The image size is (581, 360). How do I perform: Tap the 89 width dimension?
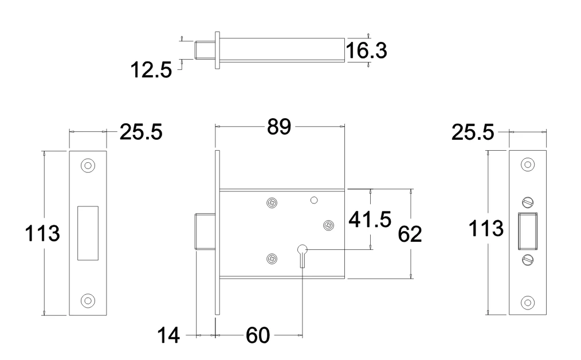point(280,127)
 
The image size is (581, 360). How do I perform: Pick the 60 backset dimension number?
point(257,335)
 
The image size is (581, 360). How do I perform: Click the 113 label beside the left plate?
point(42,233)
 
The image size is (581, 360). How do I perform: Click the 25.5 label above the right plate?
point(473,132)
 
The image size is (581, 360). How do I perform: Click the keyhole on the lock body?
point(302,251)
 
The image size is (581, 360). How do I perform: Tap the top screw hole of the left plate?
point(88,165)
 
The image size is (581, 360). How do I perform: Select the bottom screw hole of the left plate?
point(88,300)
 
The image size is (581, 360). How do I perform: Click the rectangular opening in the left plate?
point(88,232)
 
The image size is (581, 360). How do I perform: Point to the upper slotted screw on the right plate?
point(528,202)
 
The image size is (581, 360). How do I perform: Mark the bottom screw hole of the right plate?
point(528,301)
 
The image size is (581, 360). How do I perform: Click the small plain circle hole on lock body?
point(313,200)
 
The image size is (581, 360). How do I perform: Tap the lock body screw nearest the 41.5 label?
point(329,226)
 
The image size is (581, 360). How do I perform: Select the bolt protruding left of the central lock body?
point(205,232)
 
